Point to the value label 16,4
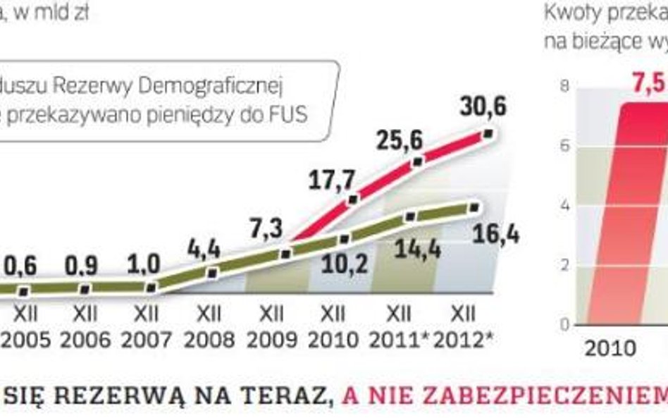(496, 233)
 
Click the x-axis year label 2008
(209, 340)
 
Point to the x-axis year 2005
(25, 340)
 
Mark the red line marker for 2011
(417, 161)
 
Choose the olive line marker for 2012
(474, 207)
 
